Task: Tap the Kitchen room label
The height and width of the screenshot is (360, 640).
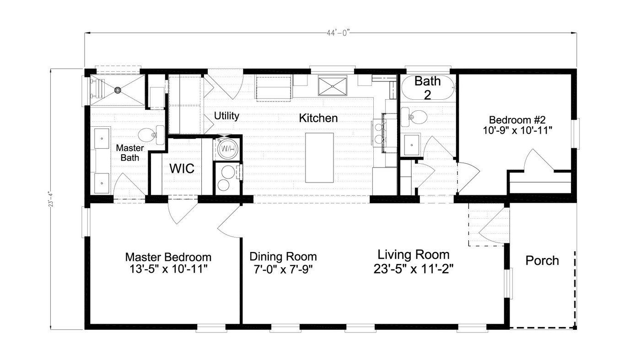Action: coord(318,118)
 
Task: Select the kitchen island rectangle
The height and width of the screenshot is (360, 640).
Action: coord(319,157)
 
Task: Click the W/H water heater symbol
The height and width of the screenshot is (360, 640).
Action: coord(227,148)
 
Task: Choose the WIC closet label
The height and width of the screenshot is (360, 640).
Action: coord(182,168)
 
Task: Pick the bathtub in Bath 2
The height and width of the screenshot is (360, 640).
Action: coord(427,88)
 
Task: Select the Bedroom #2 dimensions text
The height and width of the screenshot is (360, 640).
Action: coord(517,130)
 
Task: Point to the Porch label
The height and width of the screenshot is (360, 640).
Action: coord(542,261)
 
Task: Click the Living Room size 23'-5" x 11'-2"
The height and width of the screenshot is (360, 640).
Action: coord(413,269)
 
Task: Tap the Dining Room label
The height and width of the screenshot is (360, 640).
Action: coord(283,256)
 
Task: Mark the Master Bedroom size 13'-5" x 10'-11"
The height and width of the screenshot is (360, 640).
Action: coord(168,269)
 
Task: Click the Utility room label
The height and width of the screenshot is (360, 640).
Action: coord(227,116)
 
